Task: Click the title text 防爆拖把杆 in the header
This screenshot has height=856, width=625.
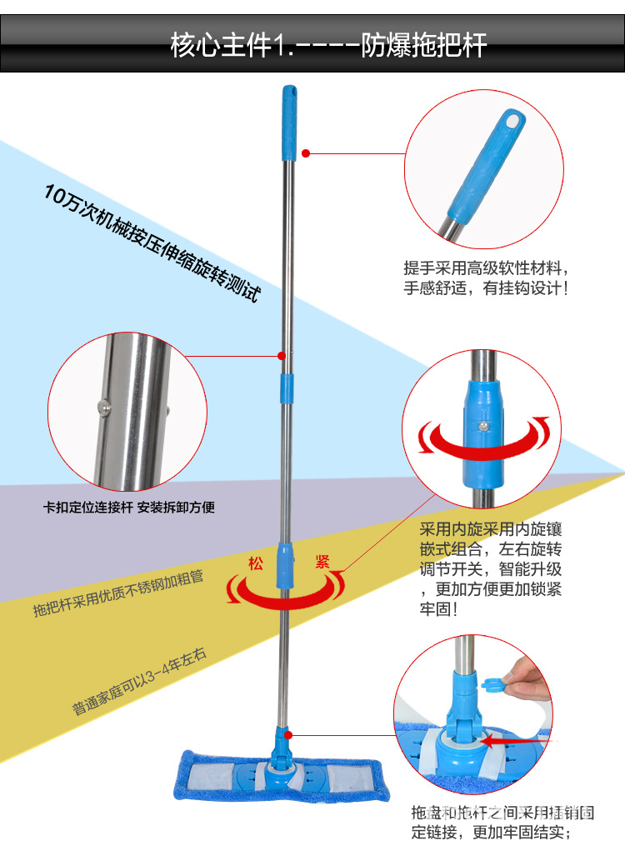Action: point(423,44)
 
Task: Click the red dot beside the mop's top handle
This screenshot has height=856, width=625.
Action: point(306,153)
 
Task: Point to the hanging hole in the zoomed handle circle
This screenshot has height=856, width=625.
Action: point(512,124)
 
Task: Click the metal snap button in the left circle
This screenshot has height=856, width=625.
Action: point(105,407)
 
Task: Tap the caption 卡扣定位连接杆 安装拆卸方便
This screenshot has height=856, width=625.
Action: point(129,507)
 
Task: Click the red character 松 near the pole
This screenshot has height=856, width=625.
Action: point(255,563)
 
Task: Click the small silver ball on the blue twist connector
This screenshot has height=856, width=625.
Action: point(482,426)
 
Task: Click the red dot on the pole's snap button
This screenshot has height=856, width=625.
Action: point(282,356)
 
